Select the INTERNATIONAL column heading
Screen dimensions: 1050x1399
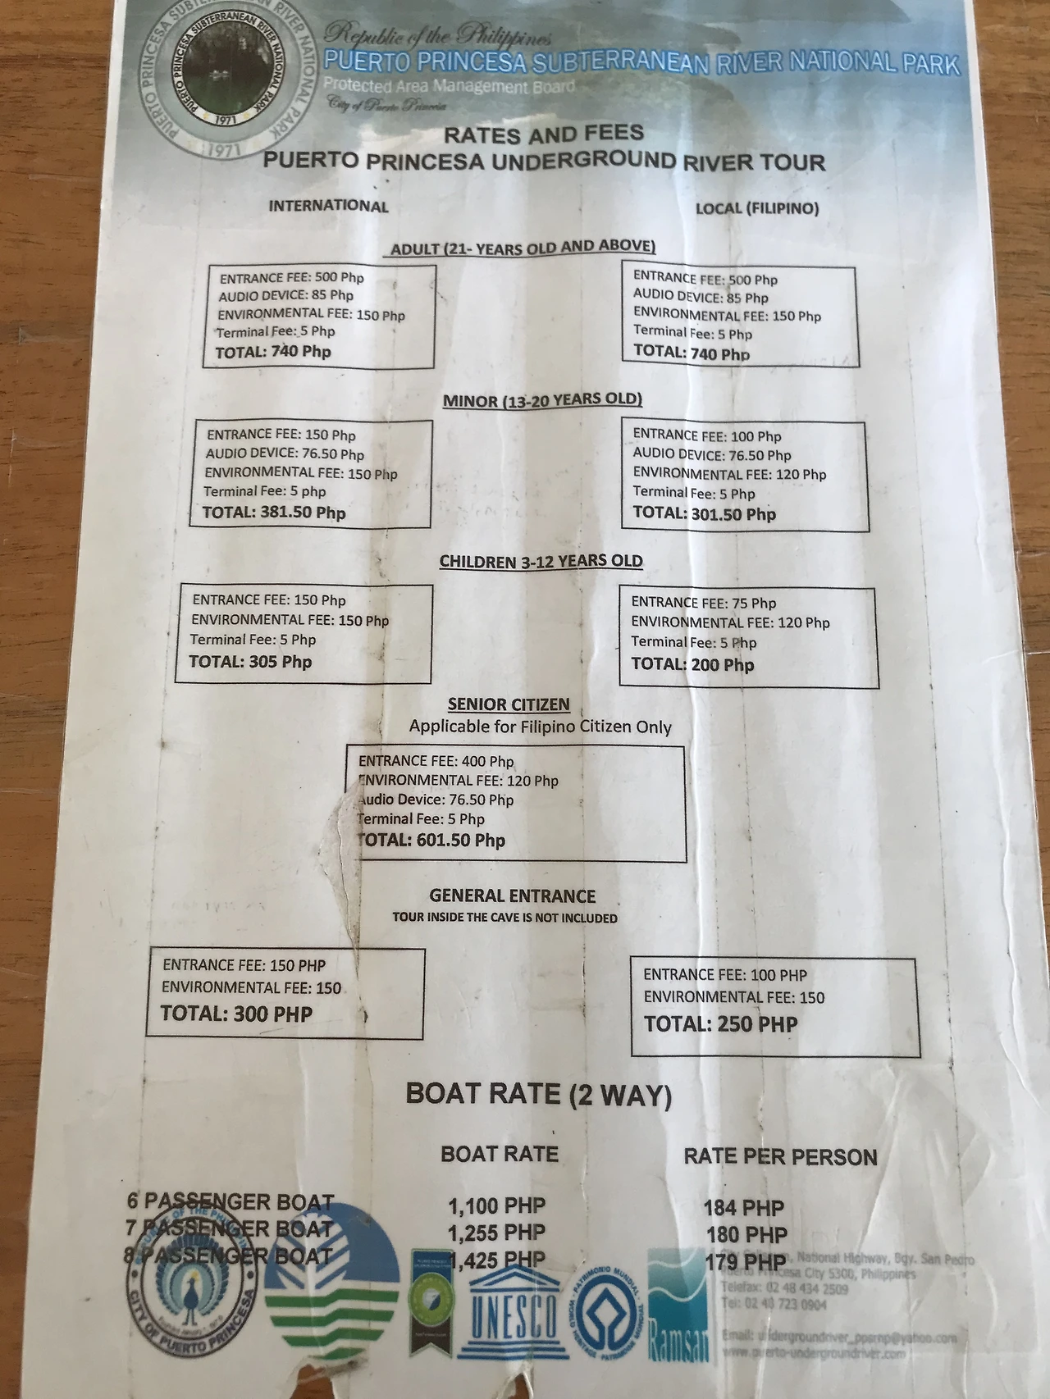328,206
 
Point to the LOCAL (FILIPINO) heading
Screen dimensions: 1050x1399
757,208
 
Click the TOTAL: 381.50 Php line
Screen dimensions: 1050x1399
274,513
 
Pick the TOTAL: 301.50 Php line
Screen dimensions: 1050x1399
704,514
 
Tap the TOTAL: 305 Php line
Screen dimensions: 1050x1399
250,662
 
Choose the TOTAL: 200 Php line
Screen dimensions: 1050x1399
692,664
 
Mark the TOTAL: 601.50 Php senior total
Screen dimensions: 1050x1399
432,840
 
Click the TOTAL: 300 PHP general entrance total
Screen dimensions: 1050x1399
237,1014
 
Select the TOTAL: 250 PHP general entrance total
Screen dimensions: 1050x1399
720,1023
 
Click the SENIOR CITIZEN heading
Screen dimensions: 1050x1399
509,704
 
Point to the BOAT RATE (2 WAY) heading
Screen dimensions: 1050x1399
539,1095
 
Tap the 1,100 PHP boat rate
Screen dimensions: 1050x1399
496,1206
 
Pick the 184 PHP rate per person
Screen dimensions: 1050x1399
743,1208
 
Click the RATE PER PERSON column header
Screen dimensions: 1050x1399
780,1157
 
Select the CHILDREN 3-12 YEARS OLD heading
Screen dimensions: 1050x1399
541,562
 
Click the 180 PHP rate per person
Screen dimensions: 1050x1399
746,1234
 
